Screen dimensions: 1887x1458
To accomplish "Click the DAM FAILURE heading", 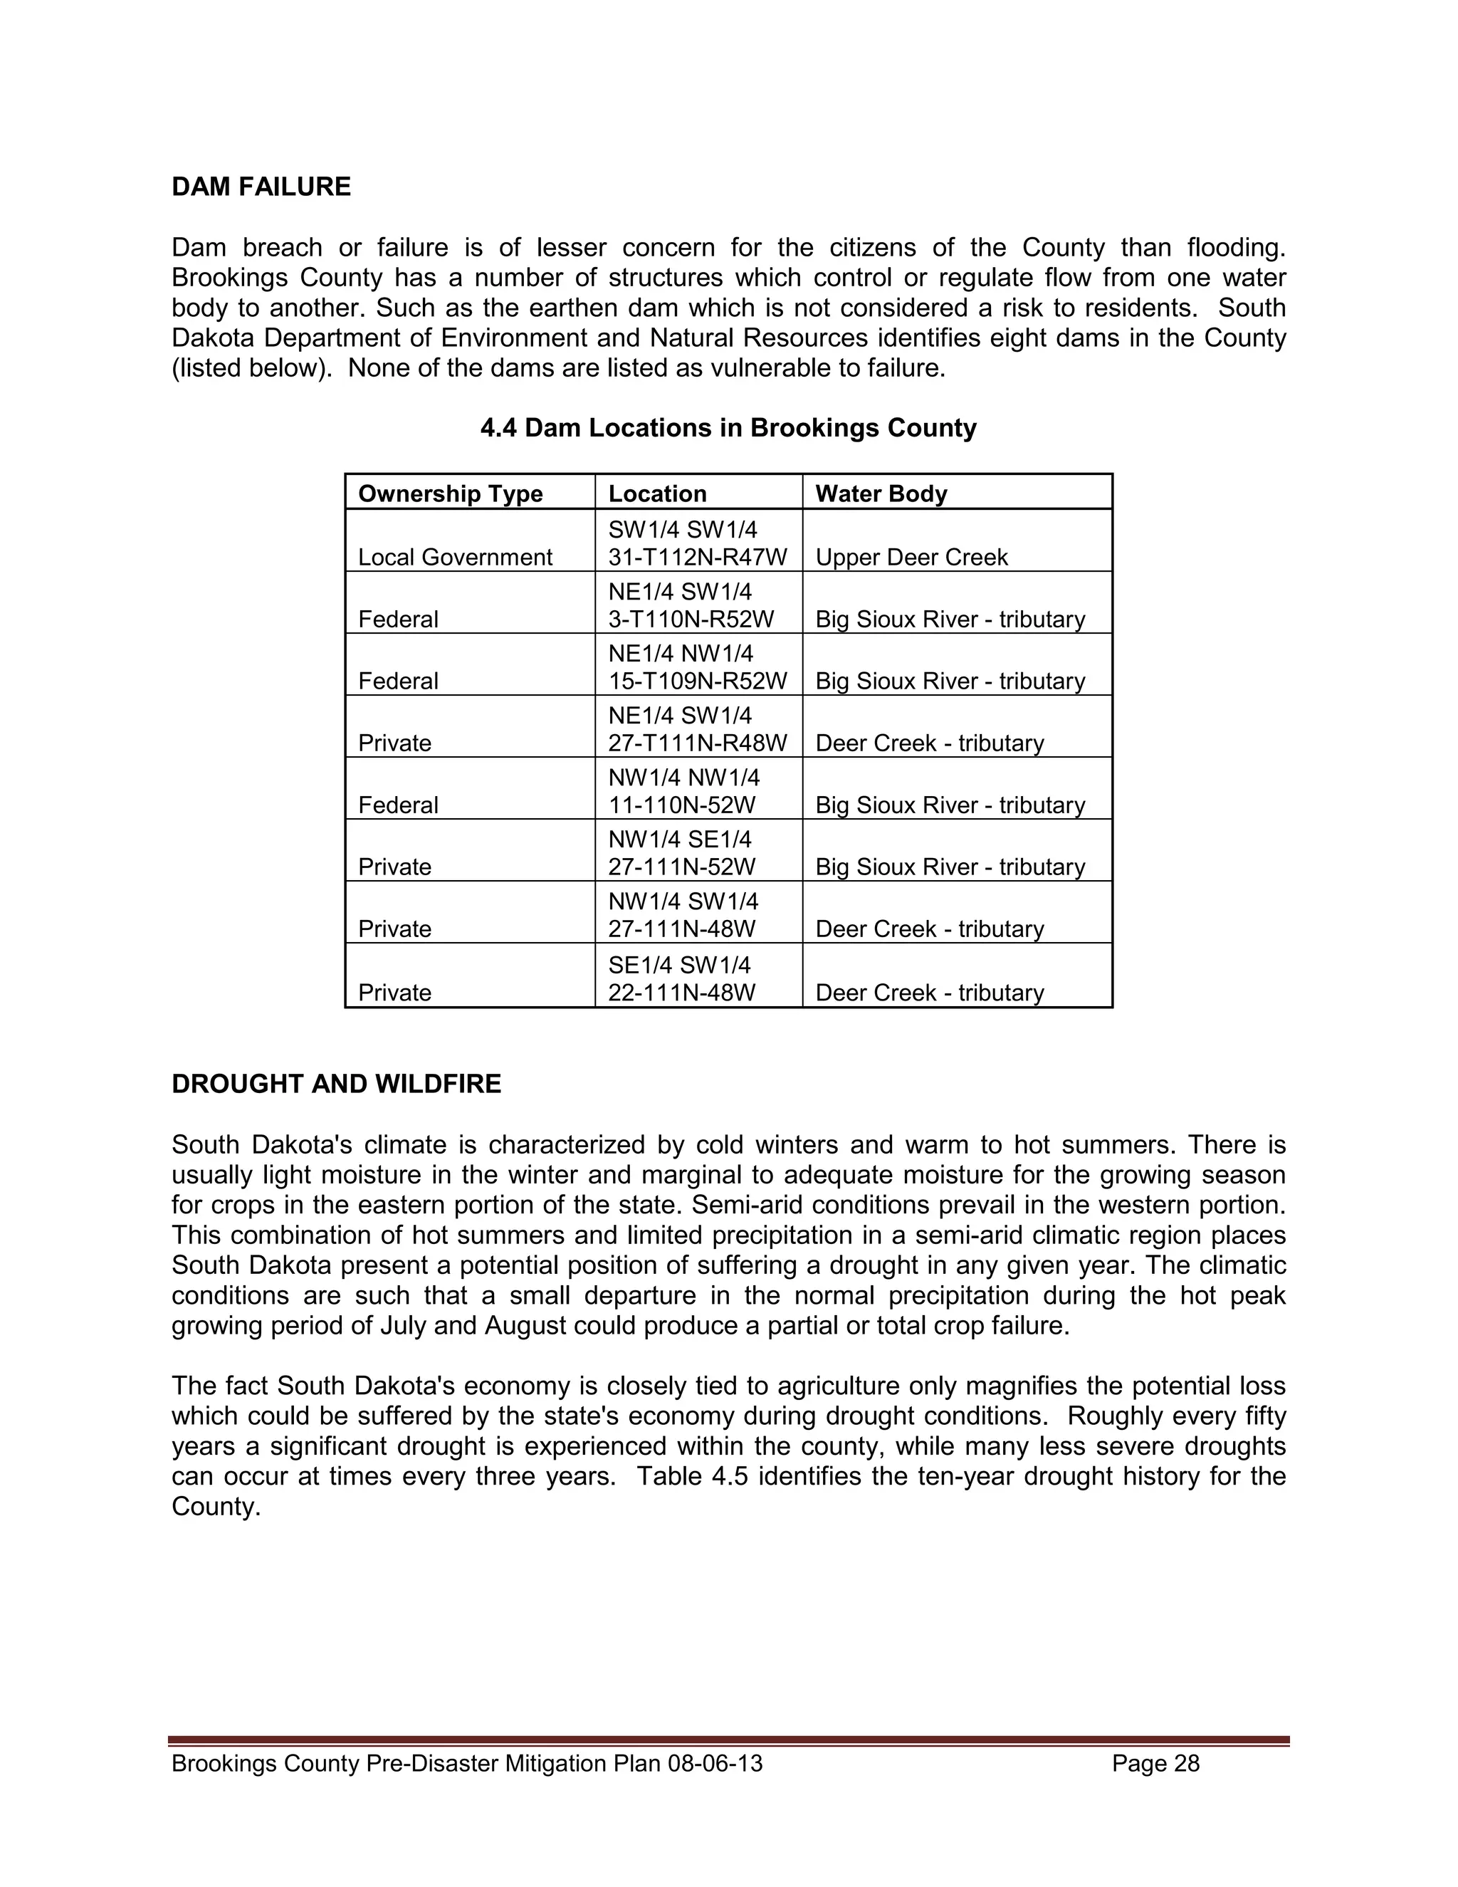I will coord(261,187).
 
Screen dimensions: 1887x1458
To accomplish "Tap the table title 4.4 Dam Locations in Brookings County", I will coord(728,428).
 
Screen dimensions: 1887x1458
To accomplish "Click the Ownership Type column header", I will coord(450,493).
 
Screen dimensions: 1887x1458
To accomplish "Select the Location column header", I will coord(656,493).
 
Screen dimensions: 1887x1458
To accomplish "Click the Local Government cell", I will coord(454,558).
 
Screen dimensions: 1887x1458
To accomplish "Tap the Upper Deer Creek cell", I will coord(911,558).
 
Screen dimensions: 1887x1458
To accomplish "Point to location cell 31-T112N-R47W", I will coord(697,558).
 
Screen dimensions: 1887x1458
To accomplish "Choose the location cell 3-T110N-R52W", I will coord(690,620).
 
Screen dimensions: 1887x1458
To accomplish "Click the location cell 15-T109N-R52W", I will coord(697,681).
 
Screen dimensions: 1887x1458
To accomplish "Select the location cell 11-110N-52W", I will coord(681,805).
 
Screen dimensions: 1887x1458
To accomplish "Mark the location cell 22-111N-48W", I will coord(681,993).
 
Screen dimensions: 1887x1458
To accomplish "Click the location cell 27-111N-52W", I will coord(681,867).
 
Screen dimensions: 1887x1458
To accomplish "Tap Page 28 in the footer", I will coord(1155,1763).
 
